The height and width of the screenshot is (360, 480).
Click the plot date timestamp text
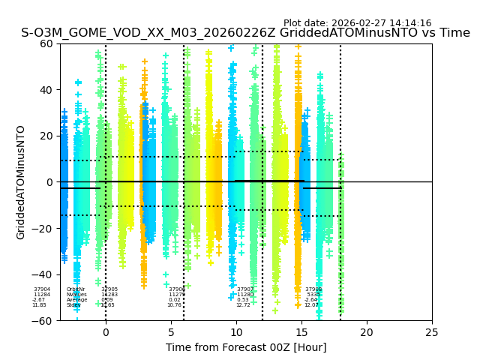tap(357, 23)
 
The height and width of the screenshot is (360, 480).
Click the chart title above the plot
tap(245, 33)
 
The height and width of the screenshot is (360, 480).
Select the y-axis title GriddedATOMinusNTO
tap(21, 182)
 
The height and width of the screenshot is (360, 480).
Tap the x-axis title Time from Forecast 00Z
tap(246, 347)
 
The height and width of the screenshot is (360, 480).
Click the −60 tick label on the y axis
tap(44, 321)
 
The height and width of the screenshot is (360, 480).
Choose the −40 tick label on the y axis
tap(44, 274)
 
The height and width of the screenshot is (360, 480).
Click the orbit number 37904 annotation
tap(42, 289)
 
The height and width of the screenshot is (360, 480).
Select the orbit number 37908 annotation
tap(313, 289)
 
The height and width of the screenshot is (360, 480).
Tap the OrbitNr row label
tap(76, 289)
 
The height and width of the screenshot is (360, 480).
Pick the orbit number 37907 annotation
tap(245, 289)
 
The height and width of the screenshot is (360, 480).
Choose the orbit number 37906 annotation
tap(177, 289)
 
